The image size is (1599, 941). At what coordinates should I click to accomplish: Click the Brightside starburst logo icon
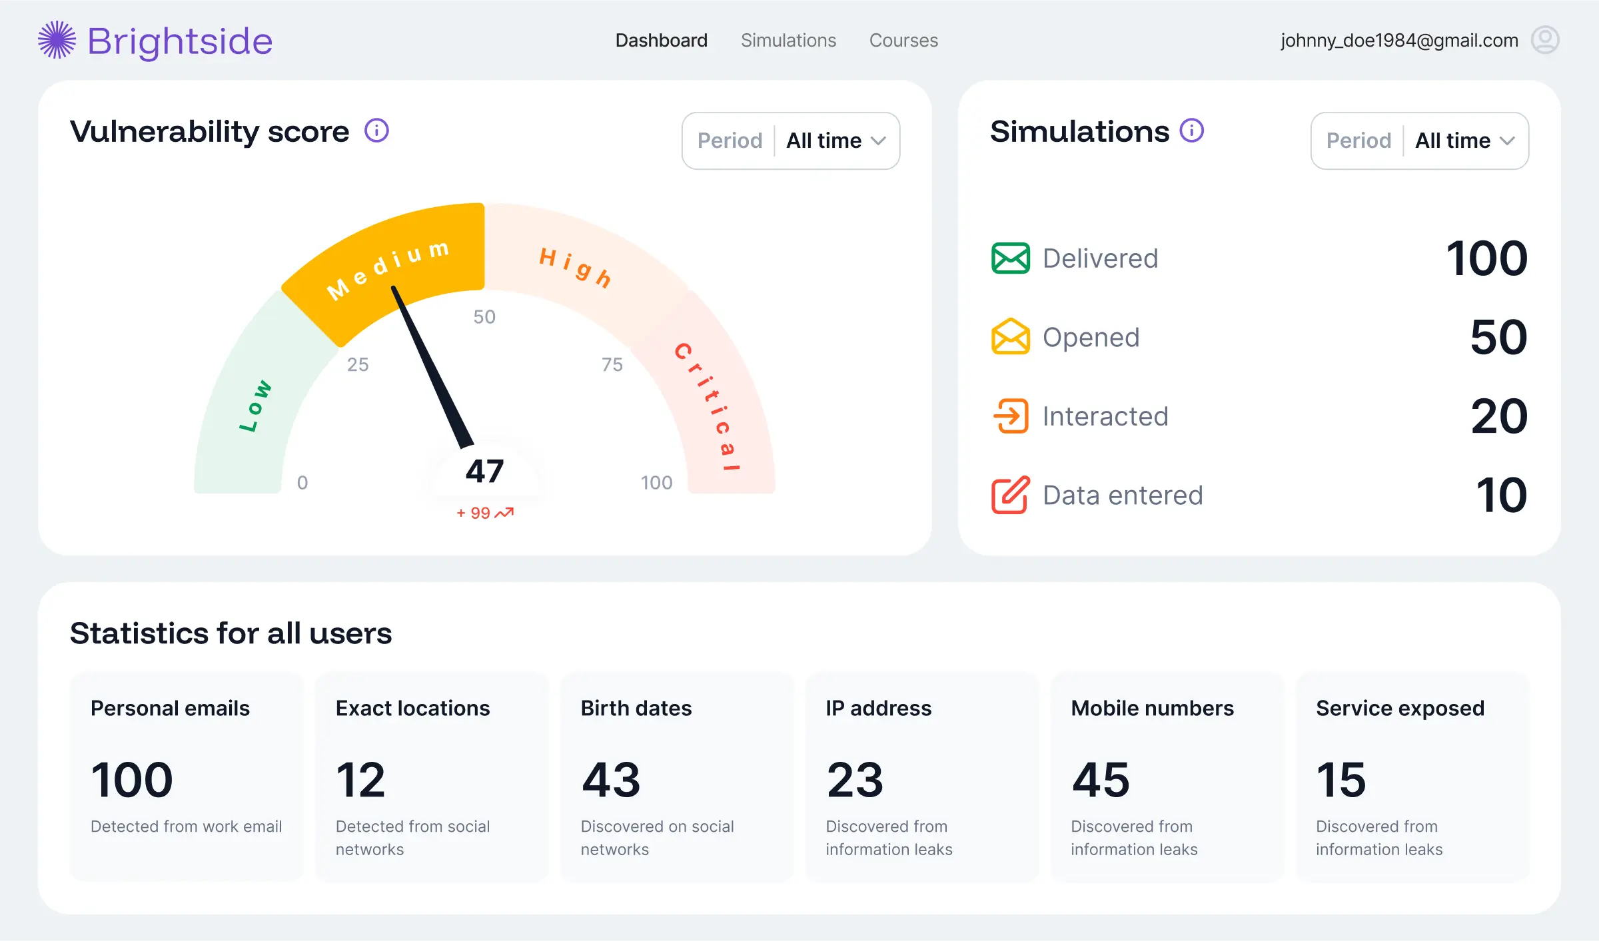57,40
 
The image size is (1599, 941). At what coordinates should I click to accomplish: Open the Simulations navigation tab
788,41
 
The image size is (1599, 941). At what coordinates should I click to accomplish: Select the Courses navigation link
903,41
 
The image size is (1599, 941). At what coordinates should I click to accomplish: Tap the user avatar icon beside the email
1544,40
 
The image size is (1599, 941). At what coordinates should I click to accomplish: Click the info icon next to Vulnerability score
376,131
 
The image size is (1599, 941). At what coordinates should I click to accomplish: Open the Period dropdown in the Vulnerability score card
791,141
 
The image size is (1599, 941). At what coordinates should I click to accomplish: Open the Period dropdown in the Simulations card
1419,141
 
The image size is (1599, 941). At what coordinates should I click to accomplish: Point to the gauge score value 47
484,471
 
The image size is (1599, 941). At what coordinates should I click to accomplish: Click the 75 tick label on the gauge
612,364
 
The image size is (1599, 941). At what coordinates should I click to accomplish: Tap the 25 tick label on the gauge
358,364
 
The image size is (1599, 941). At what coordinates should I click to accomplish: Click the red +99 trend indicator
484,513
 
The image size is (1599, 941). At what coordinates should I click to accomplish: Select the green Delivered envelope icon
1010,258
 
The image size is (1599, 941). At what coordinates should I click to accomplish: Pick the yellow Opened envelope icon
1010,337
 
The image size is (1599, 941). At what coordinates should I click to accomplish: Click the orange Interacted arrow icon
1010,416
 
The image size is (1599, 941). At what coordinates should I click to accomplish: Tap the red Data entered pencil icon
1010,495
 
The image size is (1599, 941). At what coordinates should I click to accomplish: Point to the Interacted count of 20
1498,416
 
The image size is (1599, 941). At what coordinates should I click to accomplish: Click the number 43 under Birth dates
610,780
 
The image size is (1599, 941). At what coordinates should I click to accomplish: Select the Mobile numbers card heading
1152,708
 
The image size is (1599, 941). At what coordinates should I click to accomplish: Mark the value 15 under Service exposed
1340,780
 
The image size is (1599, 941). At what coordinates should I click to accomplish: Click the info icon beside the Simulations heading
1191,131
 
